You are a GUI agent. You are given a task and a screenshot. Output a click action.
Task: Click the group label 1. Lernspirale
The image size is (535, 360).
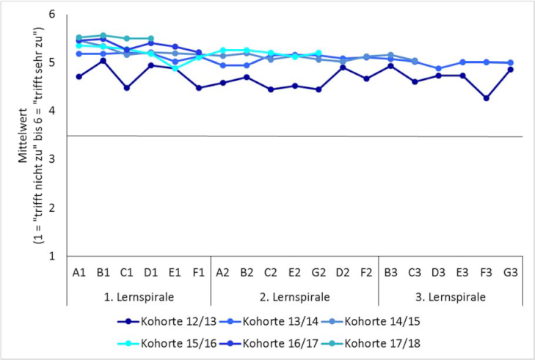[x=139, y=298]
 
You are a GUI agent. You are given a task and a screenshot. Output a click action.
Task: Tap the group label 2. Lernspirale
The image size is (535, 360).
[x=294, y=298]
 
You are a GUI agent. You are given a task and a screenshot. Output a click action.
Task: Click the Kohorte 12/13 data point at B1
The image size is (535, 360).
[x=103, y=61]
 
